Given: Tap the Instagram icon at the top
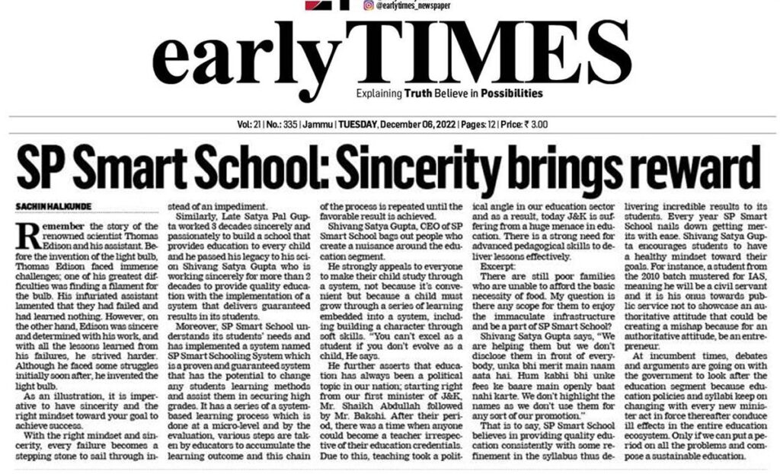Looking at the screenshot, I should point(368,5).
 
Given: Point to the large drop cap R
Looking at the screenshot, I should point(25,237).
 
